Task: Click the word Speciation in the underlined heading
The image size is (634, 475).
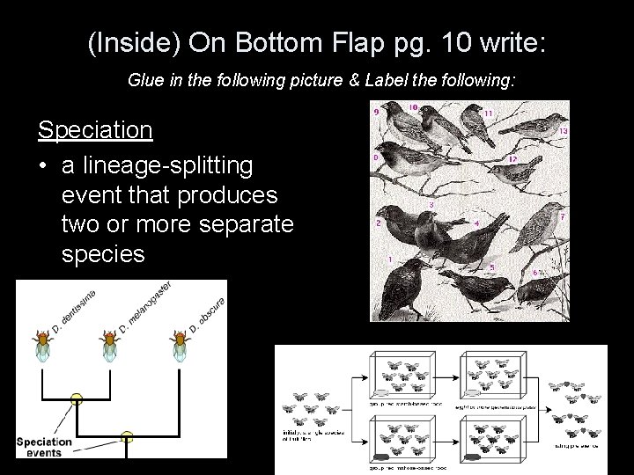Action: (x=95, y=131)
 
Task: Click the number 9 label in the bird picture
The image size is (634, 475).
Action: (x=377, y=113)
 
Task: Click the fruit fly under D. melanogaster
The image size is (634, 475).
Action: (x=111, y=345)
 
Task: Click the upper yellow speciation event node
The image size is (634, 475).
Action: (x=77, y=398)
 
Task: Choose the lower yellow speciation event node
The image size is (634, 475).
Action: (x=127, y=435)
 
